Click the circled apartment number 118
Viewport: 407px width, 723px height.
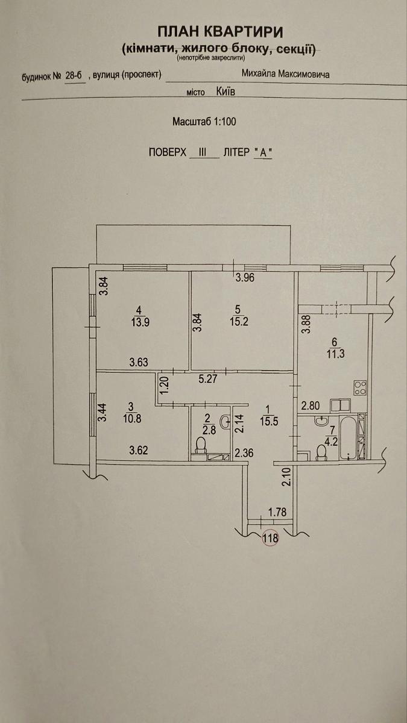271,538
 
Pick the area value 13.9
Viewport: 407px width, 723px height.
140,322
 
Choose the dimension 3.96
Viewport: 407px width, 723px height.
245,278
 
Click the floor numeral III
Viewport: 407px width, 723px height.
203,152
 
